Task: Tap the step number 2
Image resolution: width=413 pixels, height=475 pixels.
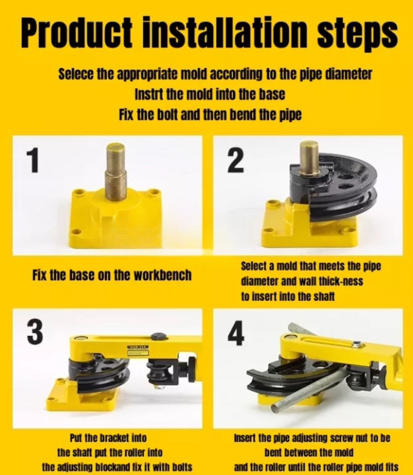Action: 235,161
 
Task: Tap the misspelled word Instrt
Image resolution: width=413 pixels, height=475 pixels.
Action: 147,94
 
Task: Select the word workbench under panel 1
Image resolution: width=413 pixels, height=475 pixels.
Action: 163,275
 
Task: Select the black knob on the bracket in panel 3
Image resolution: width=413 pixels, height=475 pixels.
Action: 159,336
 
